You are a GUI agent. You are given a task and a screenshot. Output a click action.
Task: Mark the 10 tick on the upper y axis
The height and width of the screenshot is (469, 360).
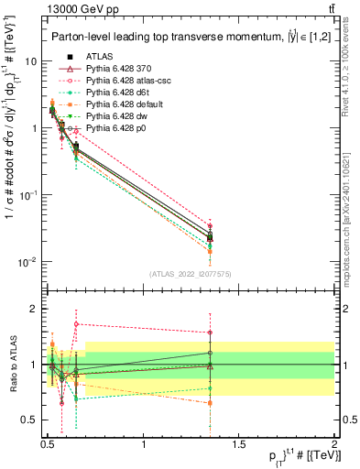pyautogui.click(x=31, y=61)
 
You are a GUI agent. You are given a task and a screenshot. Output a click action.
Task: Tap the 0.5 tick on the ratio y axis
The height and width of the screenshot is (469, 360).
pyautogui.click(x=28, y=420)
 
